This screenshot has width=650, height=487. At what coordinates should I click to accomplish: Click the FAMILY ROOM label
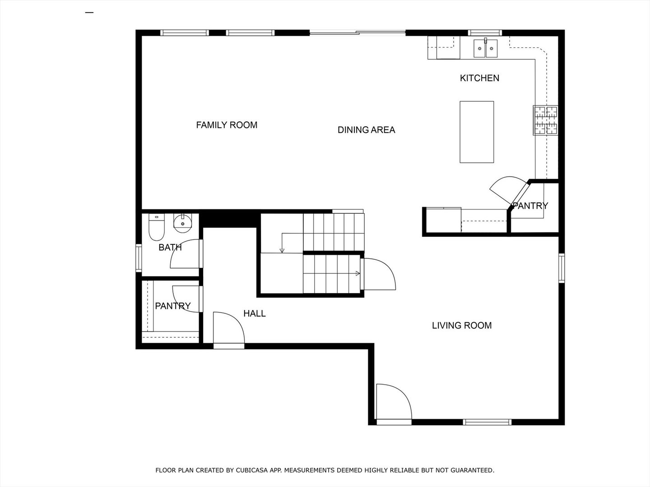227,125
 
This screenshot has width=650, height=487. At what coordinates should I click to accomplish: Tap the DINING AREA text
366,130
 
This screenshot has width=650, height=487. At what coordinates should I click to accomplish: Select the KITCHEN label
479,78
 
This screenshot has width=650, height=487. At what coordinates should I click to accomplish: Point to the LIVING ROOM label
462,325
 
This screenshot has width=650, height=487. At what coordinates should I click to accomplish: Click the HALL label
255,313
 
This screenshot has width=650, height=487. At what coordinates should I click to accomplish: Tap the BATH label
170,248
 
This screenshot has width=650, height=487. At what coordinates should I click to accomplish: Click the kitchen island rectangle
477,132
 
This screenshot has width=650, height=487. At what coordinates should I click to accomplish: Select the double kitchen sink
485,48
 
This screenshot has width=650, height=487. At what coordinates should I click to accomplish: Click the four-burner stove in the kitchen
546,120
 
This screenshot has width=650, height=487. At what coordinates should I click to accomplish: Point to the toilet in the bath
157,229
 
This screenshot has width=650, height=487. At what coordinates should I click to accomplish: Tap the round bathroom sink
183,223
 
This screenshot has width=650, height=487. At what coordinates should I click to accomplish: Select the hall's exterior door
229,329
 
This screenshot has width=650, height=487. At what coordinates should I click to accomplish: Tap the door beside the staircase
379,274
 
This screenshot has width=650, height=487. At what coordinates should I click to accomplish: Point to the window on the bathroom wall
139,257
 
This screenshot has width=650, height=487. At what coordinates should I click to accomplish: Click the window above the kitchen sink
485,32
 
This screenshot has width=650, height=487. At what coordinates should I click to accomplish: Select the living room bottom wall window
487,422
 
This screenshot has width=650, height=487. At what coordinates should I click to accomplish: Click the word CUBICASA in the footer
251,470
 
